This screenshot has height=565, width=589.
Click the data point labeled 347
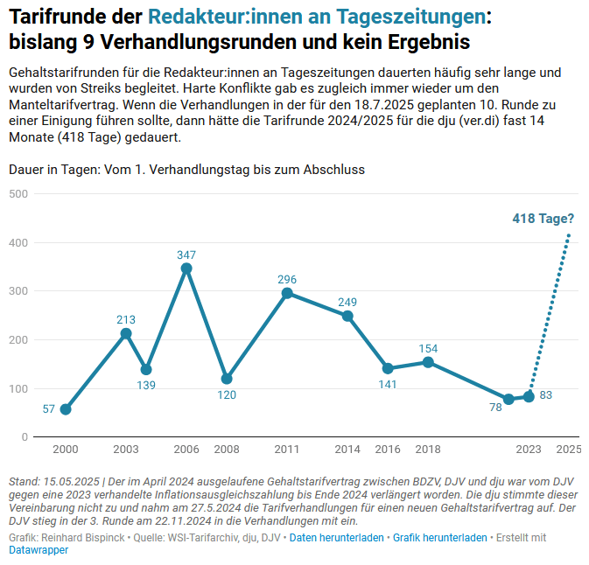186,269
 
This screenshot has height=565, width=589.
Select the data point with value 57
66,409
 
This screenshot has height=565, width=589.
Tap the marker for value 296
287,293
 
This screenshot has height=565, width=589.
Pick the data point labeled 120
227,379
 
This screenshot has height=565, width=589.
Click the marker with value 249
347,316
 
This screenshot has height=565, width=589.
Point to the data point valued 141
388,368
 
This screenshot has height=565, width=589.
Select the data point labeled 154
428,362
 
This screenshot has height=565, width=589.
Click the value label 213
126,320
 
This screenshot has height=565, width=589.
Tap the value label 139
146,385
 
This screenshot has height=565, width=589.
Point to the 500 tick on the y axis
18,193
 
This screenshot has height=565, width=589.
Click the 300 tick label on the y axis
18,290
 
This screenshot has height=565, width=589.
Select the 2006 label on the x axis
186,450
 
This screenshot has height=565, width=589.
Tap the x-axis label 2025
569,450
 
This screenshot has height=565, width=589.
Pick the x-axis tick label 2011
287,450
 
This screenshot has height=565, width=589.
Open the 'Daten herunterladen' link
337,538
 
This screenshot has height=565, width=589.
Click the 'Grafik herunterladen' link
440,538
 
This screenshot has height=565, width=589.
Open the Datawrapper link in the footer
39,550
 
